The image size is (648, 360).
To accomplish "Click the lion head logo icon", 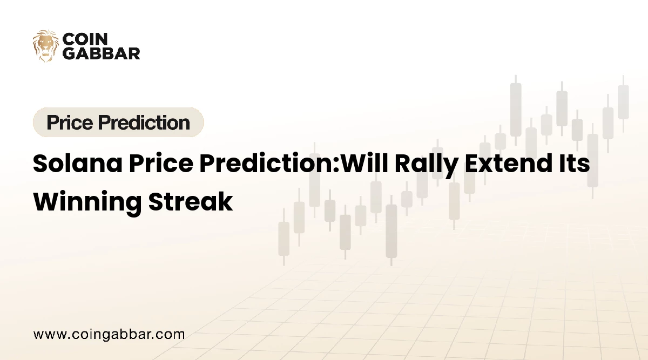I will pos(46,46).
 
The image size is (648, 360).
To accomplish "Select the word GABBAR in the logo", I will pos(102,53).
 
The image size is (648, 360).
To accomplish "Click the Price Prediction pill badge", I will pos(118,123).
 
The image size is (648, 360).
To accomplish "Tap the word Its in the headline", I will pos(574,164).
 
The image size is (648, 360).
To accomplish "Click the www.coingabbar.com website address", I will pos(109,334).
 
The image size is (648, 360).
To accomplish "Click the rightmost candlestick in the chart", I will pos(623,103).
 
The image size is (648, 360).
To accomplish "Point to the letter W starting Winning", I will pos(45,201).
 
